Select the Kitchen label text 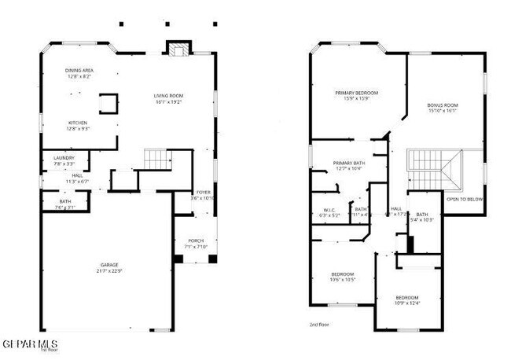click(77, 123)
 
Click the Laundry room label click(64, 158)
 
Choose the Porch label click(195, 241)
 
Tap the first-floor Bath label click(64, 201)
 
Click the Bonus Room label click(443, 105)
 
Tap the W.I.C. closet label click(329, 210)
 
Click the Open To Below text click(465, 199)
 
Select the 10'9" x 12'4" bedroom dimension click(407, 303)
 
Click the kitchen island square click(108, 102)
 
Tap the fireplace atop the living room click(178, 50)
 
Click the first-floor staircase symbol click(158, 160)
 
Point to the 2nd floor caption click(320, 324)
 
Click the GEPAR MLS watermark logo click(30, 344)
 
